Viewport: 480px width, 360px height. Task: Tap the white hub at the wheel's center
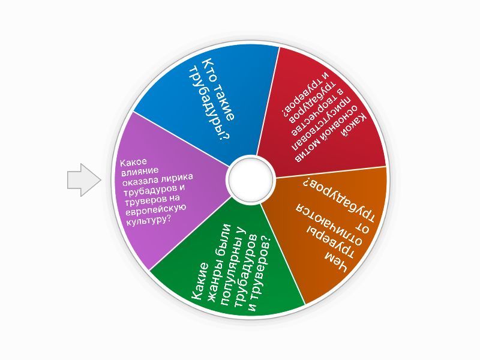[250, 179]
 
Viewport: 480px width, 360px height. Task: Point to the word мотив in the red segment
[338, 139]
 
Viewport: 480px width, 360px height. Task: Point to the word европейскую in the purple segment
[155, 209]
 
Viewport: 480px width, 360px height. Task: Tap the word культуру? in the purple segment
[148, 220]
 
